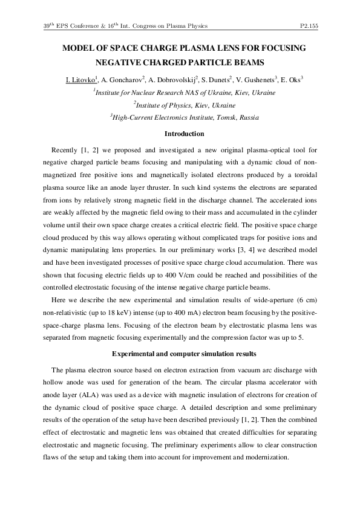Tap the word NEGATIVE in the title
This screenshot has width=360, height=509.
[x=128, y=63]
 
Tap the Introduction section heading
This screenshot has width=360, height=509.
[x=184, y=134]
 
